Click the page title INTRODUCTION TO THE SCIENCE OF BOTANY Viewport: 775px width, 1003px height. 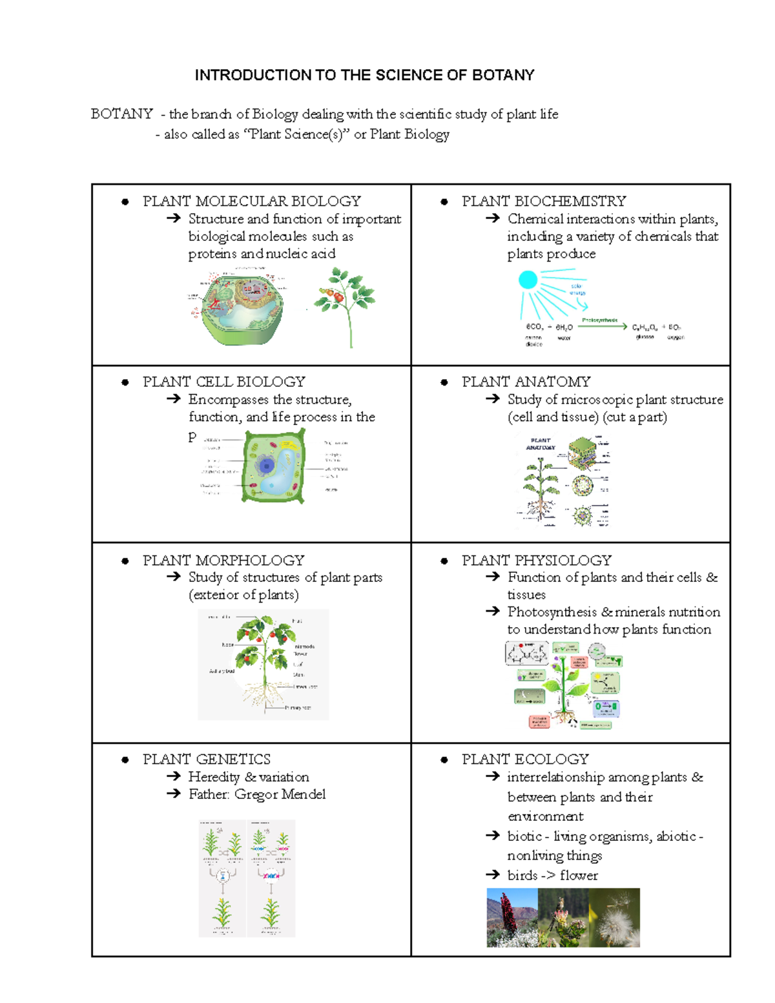364,76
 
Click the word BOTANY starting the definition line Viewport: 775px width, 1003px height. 121,114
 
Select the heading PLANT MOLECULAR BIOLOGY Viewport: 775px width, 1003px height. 251,202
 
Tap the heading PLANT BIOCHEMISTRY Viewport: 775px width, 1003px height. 543,202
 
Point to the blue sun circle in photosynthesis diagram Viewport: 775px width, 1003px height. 528,280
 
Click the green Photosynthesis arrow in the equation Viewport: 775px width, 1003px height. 602,326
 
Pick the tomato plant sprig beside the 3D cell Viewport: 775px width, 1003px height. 345,304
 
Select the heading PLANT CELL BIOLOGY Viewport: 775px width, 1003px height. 223,382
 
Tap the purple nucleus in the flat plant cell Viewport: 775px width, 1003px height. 265,466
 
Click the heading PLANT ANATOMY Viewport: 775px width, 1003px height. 526,382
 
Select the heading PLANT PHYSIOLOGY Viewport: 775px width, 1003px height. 536,560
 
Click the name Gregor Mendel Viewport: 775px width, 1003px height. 280,794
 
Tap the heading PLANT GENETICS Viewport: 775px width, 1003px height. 206,760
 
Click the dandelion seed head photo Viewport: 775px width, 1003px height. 614,918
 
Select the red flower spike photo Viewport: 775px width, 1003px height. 512,918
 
